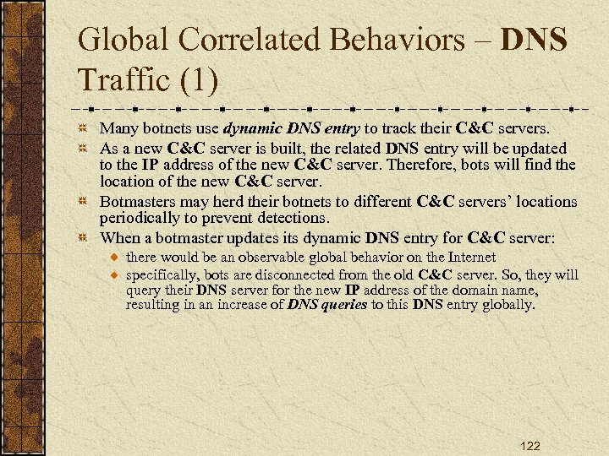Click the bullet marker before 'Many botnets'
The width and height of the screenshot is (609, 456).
[82, 128]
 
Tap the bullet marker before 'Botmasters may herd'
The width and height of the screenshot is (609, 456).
[82, 202]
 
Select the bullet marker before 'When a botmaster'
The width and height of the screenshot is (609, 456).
[82, 239]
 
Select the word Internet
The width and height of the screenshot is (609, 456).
[469, 257]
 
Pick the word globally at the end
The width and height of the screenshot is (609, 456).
[507, 305]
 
